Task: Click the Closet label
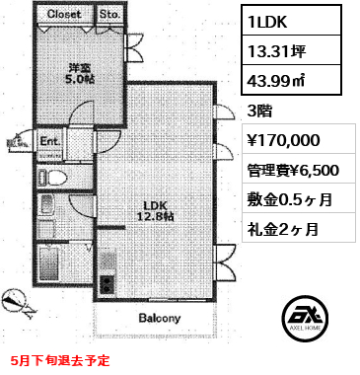65,15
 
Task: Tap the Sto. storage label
109,15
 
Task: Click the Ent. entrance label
49,143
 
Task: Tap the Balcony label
157,319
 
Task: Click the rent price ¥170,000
287,141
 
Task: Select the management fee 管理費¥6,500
293,170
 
